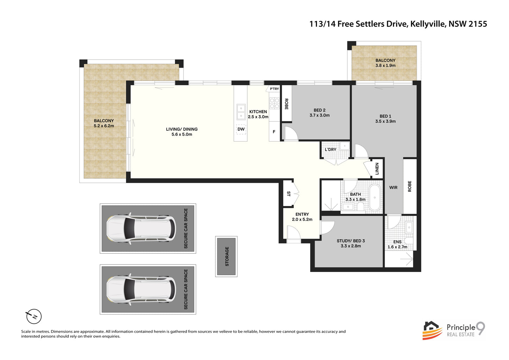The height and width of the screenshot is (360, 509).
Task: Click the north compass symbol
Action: coord(34,316)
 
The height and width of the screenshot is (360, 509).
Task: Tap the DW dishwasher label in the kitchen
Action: coord(241,129)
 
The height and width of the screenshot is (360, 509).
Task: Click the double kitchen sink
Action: coord(241,112)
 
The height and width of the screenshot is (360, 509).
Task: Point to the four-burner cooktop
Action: coord(274,103)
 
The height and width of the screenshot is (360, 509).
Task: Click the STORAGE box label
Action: coord(226,256)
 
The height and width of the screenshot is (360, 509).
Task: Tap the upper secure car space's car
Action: coord(141,228)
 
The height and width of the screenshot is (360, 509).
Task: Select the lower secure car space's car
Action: coord(141,289)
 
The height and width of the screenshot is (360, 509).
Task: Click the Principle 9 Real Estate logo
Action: coord(454,330)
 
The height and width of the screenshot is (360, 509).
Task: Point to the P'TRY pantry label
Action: coord(274,89)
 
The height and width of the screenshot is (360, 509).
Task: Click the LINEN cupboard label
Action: coord(377,168)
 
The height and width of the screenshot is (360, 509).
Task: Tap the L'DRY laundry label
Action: coord(330,150)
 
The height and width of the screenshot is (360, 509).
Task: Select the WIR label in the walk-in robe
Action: coord(393,188)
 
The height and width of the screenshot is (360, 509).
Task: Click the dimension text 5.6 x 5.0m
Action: coord(182,135)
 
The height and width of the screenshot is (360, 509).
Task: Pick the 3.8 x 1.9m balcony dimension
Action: coord(385,66)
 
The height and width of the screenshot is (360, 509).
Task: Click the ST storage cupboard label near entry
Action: coord(288,194)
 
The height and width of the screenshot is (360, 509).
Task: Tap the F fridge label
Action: coord(274,132)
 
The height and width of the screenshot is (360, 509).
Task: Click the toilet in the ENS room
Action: coord(409,241)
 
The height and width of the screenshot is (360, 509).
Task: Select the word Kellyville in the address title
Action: coord(428,24)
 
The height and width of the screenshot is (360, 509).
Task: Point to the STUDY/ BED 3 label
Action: coord(350,241)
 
